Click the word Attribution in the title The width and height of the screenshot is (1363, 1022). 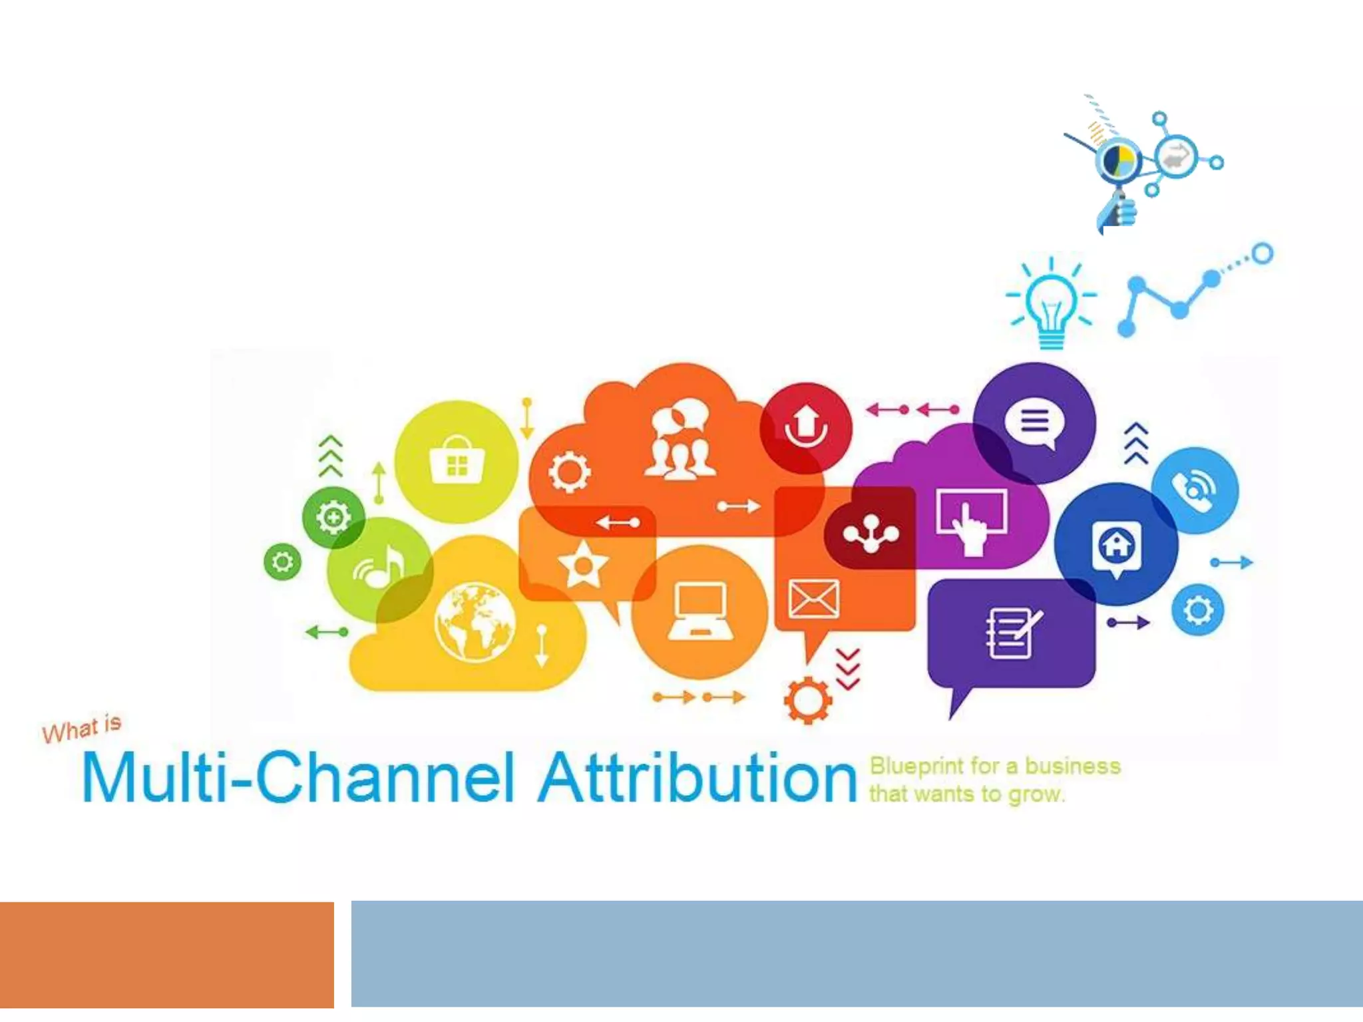tap(697, 778)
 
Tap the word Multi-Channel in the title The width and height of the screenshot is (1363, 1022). tap(298, 778)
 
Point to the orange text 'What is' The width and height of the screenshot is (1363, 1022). tap(82, 729)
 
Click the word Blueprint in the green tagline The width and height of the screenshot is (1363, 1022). tap(916, 766)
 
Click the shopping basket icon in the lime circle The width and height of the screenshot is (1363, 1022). tap(457, 460)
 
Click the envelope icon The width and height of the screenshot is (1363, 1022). tap(813, 598)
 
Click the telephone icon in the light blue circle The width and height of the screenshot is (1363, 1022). tap(1195, 491)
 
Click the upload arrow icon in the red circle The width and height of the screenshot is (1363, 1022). tap(806, 426)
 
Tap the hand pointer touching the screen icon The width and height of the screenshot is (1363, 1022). tap(971, 522)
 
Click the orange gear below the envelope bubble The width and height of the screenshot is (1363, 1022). tap(807, 700)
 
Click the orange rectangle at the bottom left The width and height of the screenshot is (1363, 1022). tap(166, 955)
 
